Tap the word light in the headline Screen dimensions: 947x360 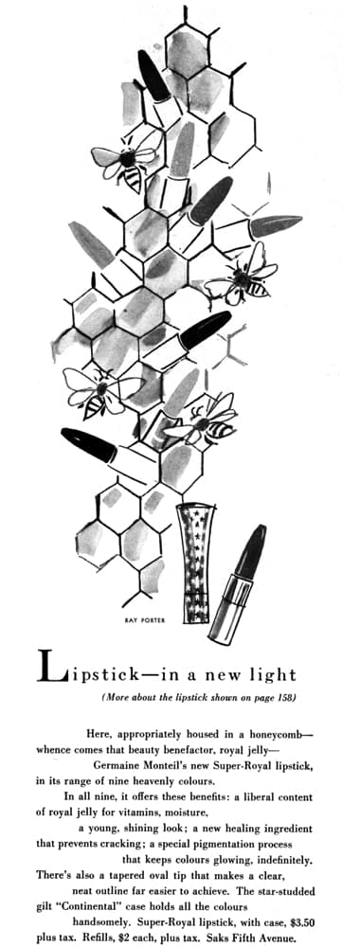click(x=273, y=673)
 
